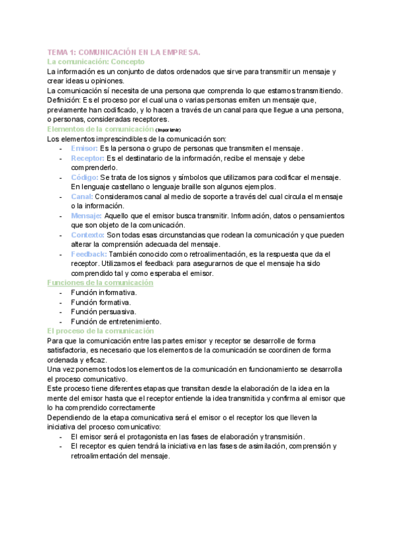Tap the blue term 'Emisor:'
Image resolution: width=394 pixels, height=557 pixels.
84,148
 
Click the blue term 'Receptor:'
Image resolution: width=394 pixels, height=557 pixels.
87,158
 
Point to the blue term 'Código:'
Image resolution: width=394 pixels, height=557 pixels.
85,177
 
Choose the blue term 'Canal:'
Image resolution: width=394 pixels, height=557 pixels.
82,196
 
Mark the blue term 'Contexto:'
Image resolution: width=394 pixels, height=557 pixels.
87,234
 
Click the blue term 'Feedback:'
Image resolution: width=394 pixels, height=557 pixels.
89,254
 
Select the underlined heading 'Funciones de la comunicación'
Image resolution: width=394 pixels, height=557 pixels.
100,282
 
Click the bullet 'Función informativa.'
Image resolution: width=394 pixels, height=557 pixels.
104,292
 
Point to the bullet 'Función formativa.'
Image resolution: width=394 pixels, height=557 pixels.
100,302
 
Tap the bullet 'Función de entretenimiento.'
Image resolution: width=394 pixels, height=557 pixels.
116,321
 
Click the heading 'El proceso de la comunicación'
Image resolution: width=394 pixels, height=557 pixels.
100,330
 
